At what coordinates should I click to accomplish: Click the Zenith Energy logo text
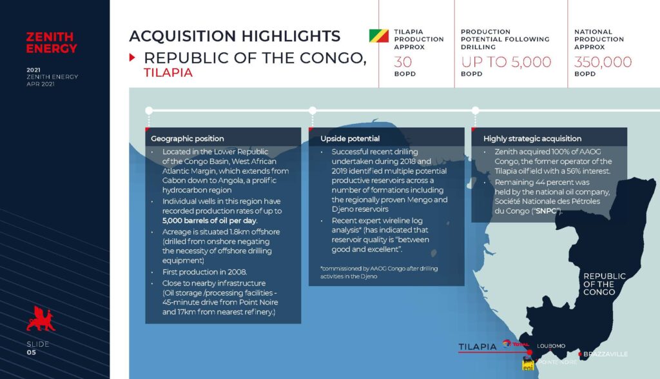tap(52, 43)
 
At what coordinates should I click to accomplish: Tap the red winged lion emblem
tap(41, 319)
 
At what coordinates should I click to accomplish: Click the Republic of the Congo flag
tap(379, 36)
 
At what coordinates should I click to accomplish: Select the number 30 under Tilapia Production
tap(403, 62)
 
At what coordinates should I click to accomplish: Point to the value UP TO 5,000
tap(506, 62)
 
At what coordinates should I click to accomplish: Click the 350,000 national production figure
tap(603, 62)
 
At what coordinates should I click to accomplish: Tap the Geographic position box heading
tap(188, 139)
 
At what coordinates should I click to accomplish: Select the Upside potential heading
tap(350, 139)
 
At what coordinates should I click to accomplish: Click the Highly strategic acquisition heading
tap(532, 139)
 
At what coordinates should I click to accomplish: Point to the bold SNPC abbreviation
tap(547, 210)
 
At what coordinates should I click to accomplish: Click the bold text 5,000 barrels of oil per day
tap(209, 220)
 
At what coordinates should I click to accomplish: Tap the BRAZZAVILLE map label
tap(605, 354)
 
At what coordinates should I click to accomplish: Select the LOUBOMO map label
tap(551, 346)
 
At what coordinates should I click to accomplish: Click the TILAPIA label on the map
tap(478, 347)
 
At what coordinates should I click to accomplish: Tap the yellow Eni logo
tap(528, 364)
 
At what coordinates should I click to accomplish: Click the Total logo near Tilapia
tap(515, 344)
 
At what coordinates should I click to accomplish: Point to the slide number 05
tap(32, 353)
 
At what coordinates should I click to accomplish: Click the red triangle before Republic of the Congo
tap(132, 57)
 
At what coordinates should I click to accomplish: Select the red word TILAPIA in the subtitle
tap(168, 73)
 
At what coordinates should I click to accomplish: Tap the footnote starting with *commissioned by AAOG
tap(379, 272)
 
